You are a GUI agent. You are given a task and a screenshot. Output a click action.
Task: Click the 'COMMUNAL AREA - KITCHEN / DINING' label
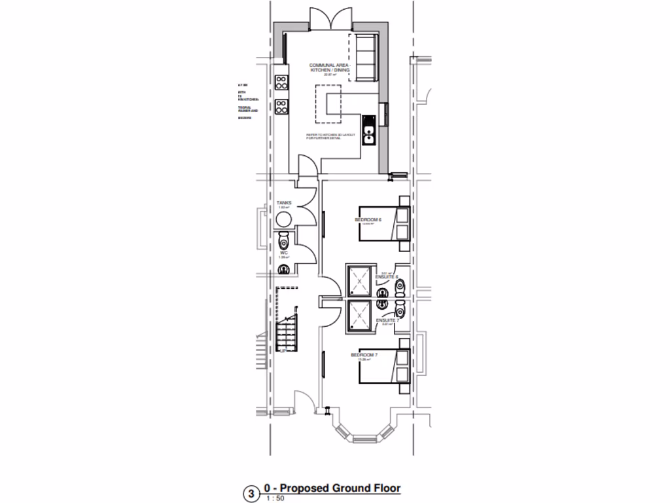tap(330, 68)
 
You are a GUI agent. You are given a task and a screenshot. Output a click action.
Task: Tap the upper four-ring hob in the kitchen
tap(282, 83)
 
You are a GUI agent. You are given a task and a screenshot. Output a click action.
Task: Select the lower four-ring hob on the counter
tap(282, 105)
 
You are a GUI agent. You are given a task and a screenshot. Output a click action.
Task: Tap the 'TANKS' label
tap(285, 203)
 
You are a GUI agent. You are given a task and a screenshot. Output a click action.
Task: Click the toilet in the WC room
tap(283, 240)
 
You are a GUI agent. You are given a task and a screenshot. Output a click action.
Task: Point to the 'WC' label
tap(284, 252)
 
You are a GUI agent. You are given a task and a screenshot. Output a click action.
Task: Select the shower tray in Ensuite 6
tap(360, 282)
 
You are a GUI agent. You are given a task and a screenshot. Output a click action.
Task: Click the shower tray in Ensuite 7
tap(360, 315)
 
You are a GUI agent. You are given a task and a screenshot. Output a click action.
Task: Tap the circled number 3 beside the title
tap(250, 494)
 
